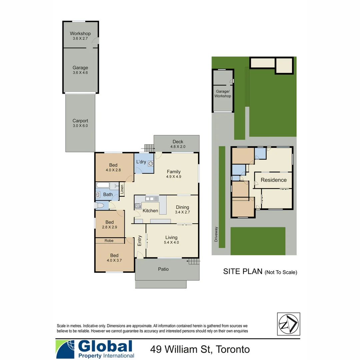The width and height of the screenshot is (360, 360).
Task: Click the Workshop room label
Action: tap(80, 34)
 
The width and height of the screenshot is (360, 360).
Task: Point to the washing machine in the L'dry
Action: tap(151, 164)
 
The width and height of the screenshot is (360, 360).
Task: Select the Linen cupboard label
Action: tap(122, 189)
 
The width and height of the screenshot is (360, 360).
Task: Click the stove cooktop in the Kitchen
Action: tap(137, 206)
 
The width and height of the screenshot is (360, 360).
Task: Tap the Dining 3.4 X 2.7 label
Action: tap(182, 209)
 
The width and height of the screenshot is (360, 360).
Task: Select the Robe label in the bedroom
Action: tap(109, 240)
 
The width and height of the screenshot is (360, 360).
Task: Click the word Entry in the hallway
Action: tap(140, 241)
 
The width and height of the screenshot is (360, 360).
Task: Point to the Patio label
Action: tap(163, 269)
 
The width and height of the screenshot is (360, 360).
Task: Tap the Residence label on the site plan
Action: tap(273, 180)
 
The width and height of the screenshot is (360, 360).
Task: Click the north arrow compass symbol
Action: tap(288, 324)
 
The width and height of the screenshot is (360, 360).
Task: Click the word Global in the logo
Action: tap(105, 347)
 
